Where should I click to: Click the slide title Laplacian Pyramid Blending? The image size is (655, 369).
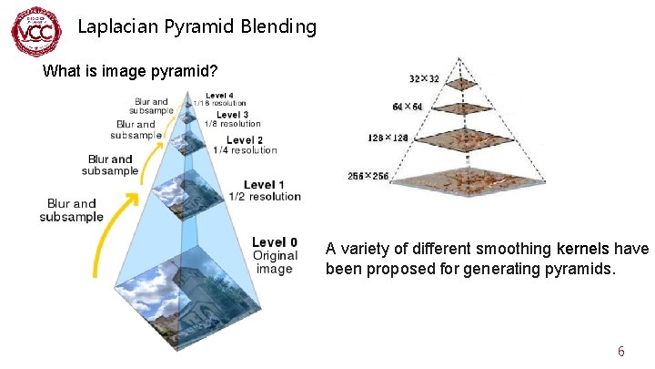pos(196,26)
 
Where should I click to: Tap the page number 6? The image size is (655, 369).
pos(620,352)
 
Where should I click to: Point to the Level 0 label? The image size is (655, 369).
pos(275,242)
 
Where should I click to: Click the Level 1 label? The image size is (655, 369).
pos(265,185)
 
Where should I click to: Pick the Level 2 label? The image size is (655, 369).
pos(245,139)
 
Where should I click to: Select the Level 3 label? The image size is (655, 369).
pos(232,115)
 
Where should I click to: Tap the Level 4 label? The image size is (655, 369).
pos(219,95)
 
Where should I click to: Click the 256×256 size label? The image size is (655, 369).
pos(368,176)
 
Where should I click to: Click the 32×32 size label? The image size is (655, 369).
pos(424,79)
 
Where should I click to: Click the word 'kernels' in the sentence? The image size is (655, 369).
pos(581,249)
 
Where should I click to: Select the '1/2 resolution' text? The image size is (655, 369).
pos(264,197)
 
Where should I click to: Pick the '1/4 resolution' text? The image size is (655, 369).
pos(245,150)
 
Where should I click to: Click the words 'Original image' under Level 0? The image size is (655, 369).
pos(275,262)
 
